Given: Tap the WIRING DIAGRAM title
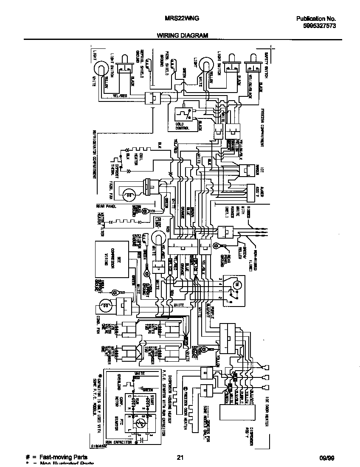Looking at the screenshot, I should (183, 36).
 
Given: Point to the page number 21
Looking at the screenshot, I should (180, 457).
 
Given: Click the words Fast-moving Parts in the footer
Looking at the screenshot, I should (63, 457).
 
